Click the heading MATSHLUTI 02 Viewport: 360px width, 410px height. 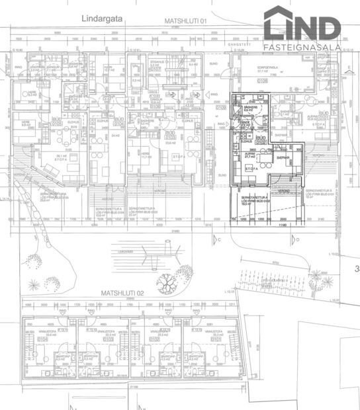(123, 292)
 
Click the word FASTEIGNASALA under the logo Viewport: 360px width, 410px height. (302, 47)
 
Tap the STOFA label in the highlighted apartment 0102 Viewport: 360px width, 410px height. (251, 169)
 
